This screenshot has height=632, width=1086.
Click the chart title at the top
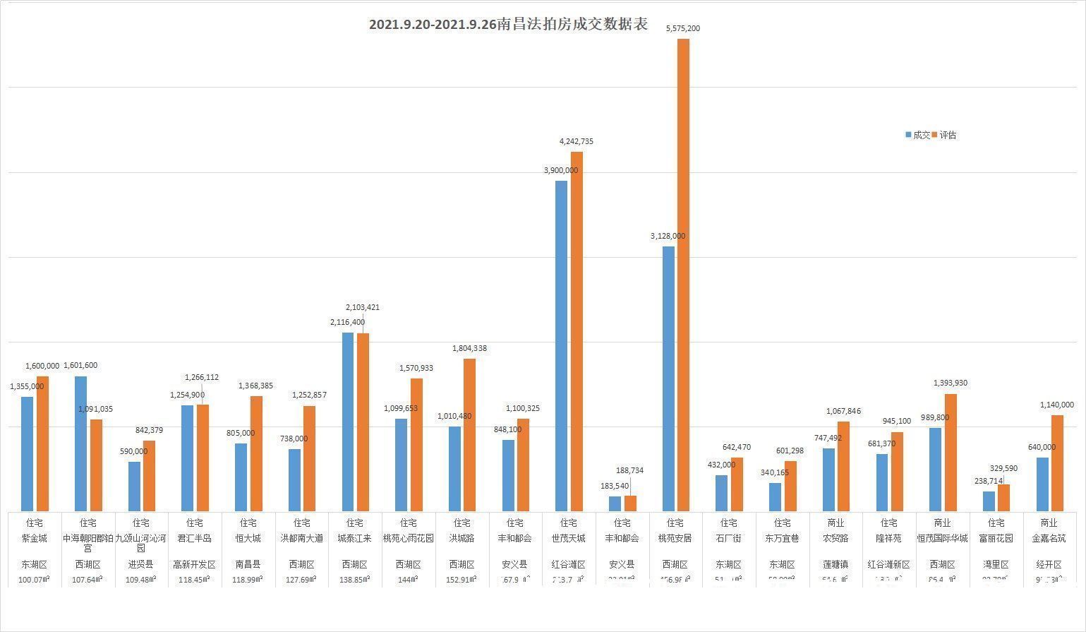coord(508,25)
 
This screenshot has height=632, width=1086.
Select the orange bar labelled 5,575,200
coord(683,275)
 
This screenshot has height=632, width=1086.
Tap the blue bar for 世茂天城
coord(561,346)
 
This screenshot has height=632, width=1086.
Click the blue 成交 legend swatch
coord(909,135)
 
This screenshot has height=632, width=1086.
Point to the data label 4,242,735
coord(576,141)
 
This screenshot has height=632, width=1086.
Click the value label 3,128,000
coord(668,236)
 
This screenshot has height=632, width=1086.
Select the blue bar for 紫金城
coord(27,454)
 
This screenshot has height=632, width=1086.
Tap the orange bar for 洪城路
coord(469,435)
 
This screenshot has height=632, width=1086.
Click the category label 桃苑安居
coord(675,538)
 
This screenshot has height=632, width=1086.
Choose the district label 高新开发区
coord(194,565)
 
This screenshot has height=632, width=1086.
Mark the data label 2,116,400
coord(348,322)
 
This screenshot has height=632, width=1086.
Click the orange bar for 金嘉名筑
coord(1057,463)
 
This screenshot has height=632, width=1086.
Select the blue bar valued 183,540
coord(615,503)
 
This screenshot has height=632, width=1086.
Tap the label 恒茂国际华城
coord(942,538)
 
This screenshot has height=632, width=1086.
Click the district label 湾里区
coord(996,565)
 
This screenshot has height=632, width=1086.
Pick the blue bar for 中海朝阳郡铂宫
coord(80,443)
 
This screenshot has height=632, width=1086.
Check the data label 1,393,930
coord(951,383)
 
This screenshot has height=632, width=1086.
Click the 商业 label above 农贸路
coord(835,523)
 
